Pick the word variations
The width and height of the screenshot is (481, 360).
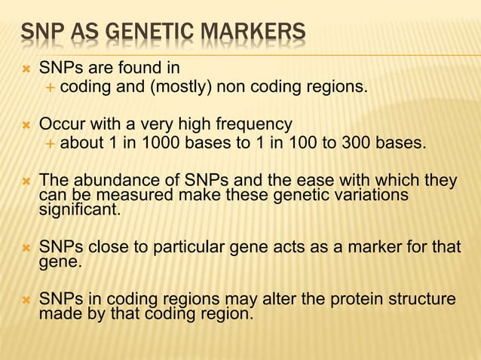(x=366, y=196)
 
